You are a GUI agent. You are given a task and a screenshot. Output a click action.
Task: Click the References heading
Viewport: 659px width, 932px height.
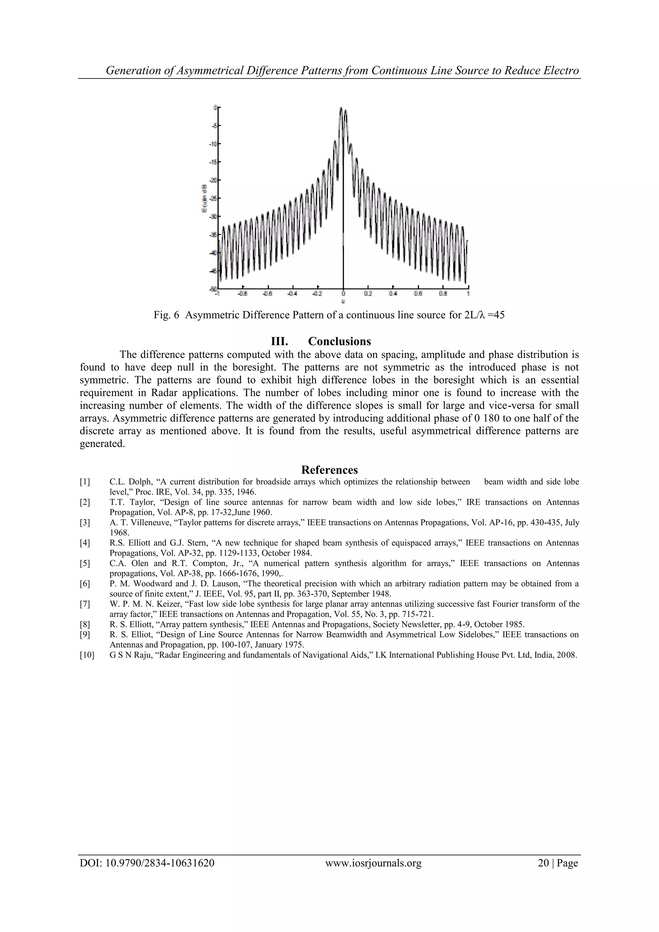pyautogui.click(x=329, y=470)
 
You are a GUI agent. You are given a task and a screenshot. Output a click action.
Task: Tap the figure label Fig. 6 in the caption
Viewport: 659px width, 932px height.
pyautogui.click(x=166, y=315)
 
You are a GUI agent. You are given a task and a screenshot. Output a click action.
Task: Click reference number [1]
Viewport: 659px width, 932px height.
pyautogui.click(x=85, y=482)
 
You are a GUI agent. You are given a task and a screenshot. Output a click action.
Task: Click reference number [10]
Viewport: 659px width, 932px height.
pyautogui.click(x=87, y=655)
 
